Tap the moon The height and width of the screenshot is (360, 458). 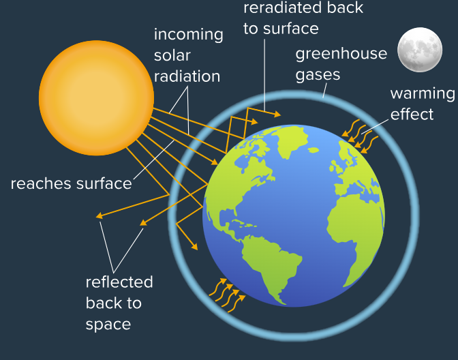[420, 50]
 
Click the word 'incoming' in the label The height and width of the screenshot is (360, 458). [188, 35]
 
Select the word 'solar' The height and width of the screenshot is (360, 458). [172, 56]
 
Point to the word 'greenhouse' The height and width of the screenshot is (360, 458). [341, 54]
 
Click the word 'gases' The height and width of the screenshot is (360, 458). [318, 74]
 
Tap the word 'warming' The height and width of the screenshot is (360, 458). [422, 94]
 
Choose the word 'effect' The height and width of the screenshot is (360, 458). [412, 114]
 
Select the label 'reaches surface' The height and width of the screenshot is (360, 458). [71, 183]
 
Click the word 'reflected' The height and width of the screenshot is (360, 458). [119, 282]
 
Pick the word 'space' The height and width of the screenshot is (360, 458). [108, 324]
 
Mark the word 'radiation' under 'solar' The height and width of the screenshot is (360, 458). [187, 77]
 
